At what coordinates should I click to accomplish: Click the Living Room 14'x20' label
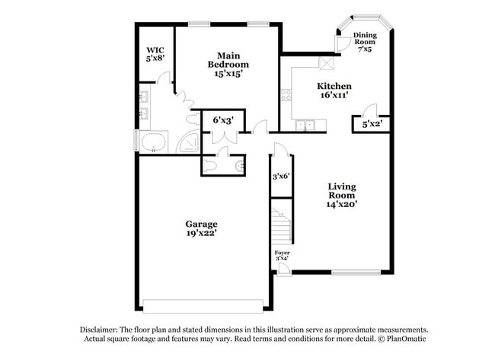343,195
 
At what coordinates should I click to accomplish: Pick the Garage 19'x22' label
202,229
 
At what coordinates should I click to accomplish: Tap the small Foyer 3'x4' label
283,256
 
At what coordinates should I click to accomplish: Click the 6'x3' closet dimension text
222,120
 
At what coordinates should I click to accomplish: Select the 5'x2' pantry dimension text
372,123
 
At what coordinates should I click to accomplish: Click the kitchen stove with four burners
287,96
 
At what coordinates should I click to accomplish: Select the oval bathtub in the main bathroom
155,142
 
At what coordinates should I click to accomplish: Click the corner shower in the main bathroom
187,143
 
